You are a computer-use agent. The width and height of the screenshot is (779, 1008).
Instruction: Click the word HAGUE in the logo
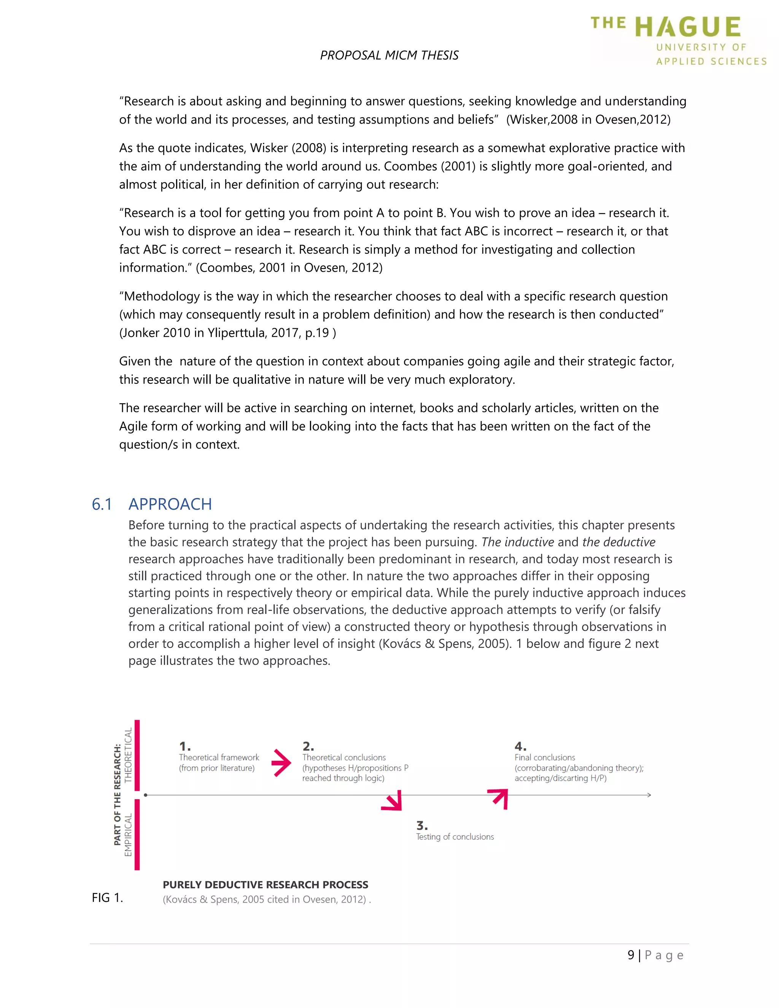(688, 27)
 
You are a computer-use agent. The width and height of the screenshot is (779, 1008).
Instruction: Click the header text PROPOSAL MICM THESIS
(389, 56)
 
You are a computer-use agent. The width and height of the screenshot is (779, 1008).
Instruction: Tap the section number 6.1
(102, 504)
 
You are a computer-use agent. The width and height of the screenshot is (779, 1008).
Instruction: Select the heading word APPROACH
(170, 504)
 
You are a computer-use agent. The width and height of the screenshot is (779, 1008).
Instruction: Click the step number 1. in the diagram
(184, 746)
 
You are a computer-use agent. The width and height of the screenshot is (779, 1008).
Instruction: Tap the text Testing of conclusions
(455, 837)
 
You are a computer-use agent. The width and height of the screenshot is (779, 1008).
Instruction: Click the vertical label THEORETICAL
(128, 755)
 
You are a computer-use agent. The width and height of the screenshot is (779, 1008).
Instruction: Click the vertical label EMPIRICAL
(128, 835)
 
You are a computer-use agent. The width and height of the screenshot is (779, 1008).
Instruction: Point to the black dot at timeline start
(145, 795)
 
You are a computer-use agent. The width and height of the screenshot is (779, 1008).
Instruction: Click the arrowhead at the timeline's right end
(649, 795)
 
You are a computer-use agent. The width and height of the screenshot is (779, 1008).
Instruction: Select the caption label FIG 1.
(107, 898)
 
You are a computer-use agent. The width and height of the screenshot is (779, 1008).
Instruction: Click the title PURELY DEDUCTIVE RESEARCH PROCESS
(265, 885)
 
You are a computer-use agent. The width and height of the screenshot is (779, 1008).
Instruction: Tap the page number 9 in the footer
(631, 955)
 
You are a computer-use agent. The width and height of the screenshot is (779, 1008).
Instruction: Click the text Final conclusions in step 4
(545, 757)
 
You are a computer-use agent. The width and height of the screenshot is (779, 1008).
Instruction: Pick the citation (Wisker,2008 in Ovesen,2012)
(588, 119)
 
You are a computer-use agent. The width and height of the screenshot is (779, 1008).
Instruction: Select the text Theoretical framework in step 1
(219, 757)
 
